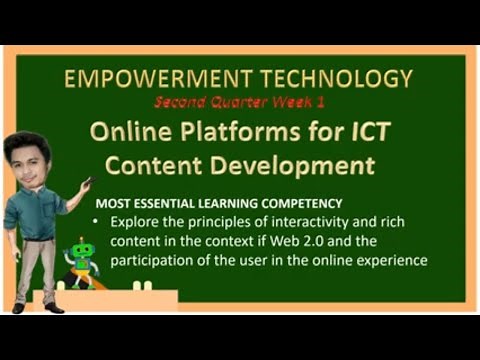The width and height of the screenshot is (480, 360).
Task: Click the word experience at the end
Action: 393,261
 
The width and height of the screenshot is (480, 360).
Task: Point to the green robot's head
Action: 82,250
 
